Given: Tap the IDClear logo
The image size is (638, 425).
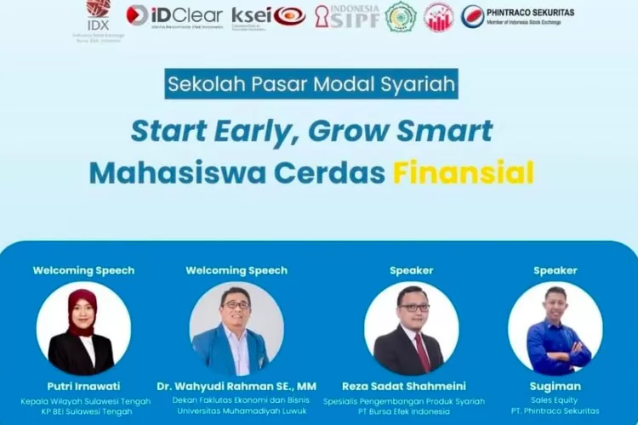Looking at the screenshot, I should click(x=174, y=15).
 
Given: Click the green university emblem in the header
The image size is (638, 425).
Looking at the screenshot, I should click(x=401, y=16).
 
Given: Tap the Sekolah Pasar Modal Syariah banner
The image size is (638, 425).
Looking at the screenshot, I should click(x=312, y=85).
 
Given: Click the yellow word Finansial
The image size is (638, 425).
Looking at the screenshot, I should click(x=463, y=172).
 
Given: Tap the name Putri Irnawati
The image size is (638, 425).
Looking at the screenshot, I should click(x=83, y=386).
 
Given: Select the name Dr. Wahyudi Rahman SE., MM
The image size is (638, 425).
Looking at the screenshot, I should click(x=236, y=386).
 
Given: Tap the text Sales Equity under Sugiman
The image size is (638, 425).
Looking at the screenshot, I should click(x=555, y=400).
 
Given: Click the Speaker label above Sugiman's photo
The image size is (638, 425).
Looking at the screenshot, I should click(x=555, y=270).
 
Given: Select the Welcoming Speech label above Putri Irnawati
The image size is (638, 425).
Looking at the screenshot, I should click(x=83, y=270).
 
